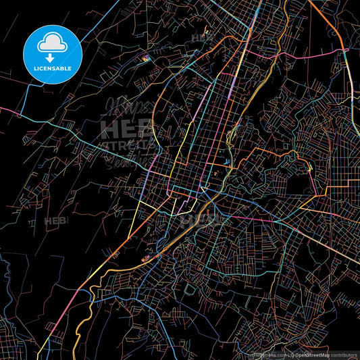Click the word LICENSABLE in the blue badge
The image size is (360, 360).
(x=53, y=68)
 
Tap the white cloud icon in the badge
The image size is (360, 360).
(x=52, y=43)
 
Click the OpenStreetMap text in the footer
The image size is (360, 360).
(x=312, y=354)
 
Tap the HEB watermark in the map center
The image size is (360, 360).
(x=196, y=218)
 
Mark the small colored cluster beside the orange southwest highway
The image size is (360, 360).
(x=145, y=258)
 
